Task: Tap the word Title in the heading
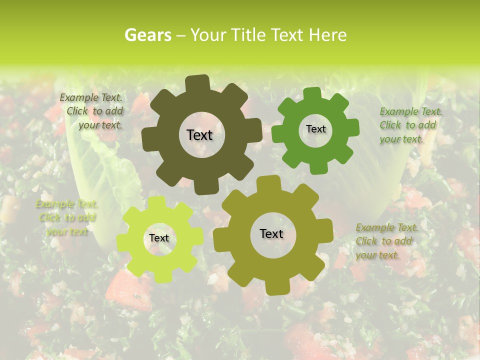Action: [248, 35]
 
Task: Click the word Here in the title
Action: [327, 35]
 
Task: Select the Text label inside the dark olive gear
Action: [199, 135]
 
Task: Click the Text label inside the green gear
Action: [315, 129]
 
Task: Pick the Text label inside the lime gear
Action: [159, 238]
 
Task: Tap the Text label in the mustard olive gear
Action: [271, 233]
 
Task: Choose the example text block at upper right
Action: [410, 125]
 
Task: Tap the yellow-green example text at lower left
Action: [67, 217]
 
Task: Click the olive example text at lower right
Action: [386, 241]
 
